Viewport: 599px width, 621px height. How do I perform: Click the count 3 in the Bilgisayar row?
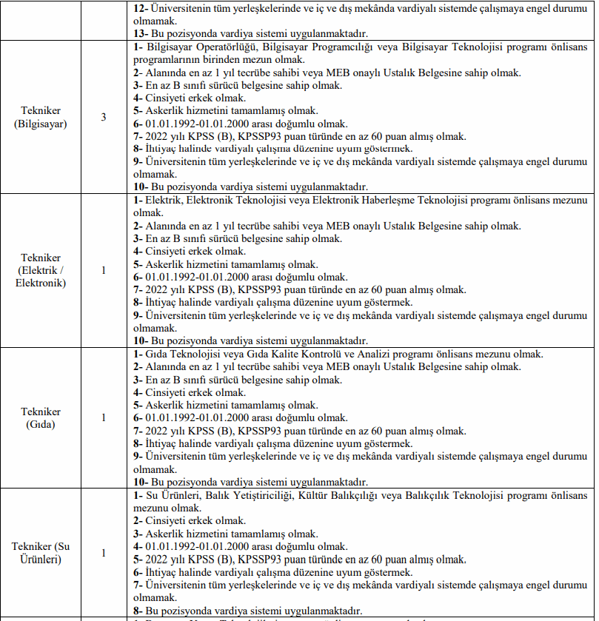(104, 117)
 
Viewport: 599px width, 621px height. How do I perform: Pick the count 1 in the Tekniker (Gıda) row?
(104, 417)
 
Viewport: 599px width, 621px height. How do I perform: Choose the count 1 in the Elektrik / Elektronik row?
(104, 270)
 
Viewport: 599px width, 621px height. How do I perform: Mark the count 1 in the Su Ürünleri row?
(104, 552)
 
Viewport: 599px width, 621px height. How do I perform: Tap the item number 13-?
(140, 34)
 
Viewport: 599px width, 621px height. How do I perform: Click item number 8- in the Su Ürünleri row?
(138, 611)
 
